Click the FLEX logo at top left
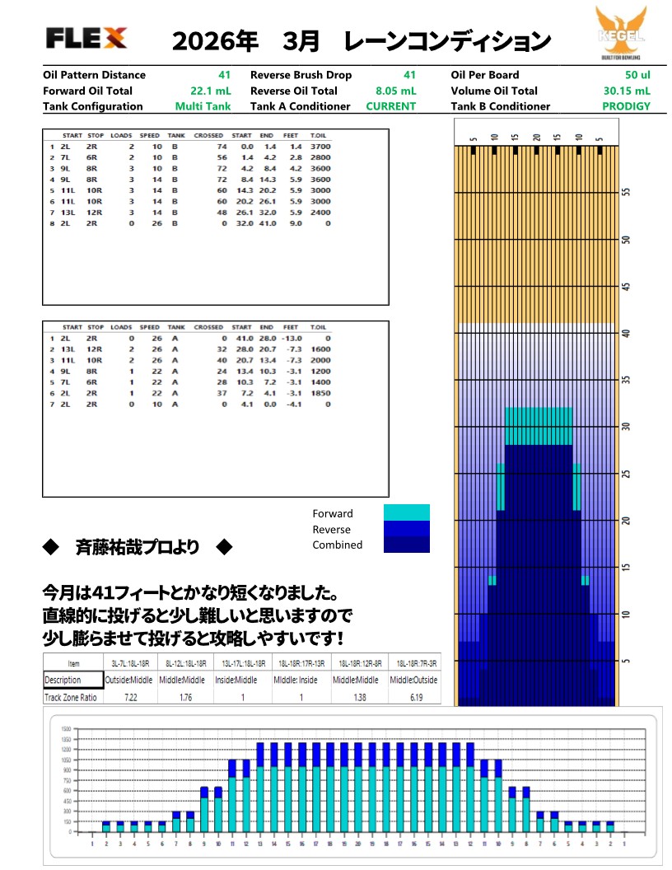click(x=86, y=37)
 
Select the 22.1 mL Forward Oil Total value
click(x=208, y=91)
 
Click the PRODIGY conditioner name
click(x=626, y=106)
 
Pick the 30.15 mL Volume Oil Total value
click(x=626, y=91)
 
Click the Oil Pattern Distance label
click(x=94, y=75)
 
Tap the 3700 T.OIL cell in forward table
click(x=320, y=146)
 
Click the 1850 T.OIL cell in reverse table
click(x=320, y=394)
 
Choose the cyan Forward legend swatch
click(x=407, y=512)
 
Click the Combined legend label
click(x=337, y=545)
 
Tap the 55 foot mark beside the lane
click(x=626, y=190)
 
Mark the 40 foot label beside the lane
click(x=626, y=333)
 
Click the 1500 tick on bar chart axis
click(x=64, y=729)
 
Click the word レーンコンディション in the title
click(x=447, y=40)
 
